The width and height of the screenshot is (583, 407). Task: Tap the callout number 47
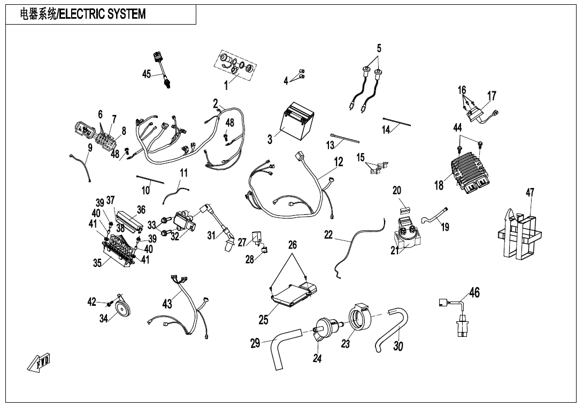click(530, 193)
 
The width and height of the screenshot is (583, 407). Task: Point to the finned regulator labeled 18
click(467, 168)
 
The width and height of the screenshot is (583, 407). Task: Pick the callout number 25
click(264, 320)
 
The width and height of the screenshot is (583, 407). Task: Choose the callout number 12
click(339, 161)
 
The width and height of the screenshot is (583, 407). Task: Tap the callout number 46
click(474, 292)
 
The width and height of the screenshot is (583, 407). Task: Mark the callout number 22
click(328, 235)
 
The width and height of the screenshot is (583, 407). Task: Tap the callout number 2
click(215, 104)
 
